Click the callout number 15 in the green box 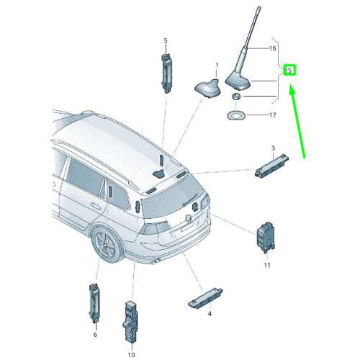pos(288,71)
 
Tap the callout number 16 pos(272,48)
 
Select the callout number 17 pos(272,115)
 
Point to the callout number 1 pos(217,66)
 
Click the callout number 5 pos(166,41)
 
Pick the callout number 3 pos(273,148)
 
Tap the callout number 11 pos(267,265)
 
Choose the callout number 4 pos(210,314)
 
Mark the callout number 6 pos(95,334)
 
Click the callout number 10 pos(132,355)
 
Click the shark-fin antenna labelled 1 pos(208,89)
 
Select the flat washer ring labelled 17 pos(236,116)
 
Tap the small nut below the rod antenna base pos(236,96)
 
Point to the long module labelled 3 pos(272,166)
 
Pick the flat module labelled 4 pos(205,297)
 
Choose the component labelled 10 pos(131,321)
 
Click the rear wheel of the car pos(107,245)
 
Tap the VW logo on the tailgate pos(189,217)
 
